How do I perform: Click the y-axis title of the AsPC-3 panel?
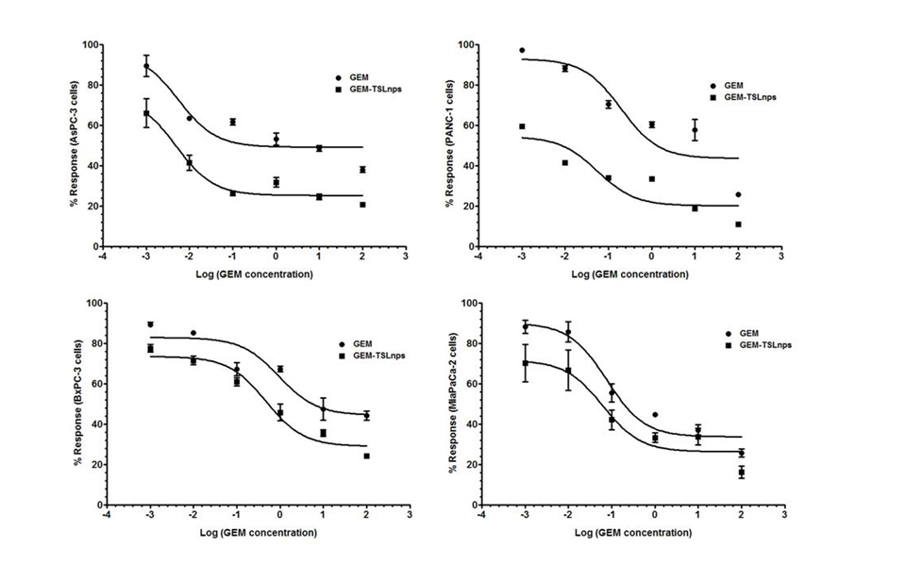[x=73, y=144]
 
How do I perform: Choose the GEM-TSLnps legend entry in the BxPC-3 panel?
[x=372, y=356]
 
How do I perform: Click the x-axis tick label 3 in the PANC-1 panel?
[x=780, y=257]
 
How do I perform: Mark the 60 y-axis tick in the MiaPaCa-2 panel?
[x=473, y=384]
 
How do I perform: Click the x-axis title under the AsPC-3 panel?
[x=252, y=274]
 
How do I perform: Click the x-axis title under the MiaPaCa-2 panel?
[x=629, y=533]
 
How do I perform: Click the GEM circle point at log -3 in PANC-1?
[x=522, y=50]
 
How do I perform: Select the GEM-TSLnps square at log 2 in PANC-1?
[x=738, y=224]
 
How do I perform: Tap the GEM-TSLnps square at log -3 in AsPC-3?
[x=146, y=113]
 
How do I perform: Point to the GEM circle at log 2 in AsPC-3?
[x=362, y=170]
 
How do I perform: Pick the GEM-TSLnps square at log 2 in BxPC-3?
[x=366, y=456]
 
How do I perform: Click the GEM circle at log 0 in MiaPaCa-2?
[x=655, y=415]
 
